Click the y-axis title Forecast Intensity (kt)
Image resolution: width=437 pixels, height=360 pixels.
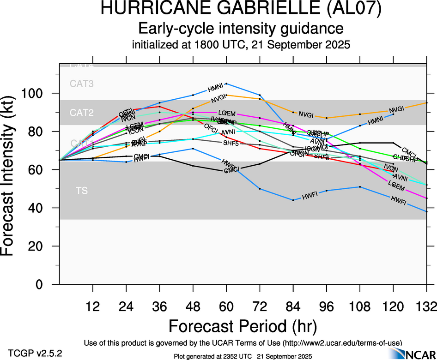click(x=12, y=175)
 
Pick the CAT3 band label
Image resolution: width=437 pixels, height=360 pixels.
click(x=82, y=84)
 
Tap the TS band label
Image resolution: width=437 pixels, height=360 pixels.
click(x=82, y=190)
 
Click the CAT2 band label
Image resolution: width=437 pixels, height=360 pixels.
click(x=82, y=113)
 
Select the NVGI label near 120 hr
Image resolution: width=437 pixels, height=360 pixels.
click(x=396, y=109)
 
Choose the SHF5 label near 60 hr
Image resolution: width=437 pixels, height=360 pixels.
click(x=231, y=143)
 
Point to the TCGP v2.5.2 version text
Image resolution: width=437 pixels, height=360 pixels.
click(x=34, y=353)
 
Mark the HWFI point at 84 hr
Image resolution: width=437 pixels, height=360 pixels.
click(x=293, y=200)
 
